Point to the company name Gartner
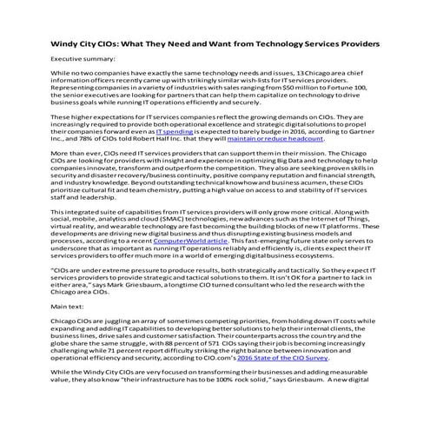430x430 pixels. click(x=360, y=150)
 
